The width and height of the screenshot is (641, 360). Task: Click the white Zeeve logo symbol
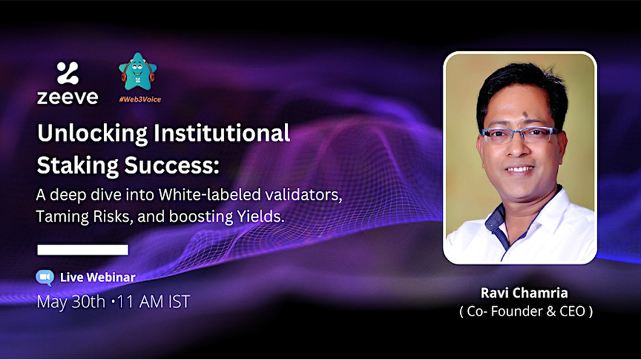pyautogui.click(x=68, y=73)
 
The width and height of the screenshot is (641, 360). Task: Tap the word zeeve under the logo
pyautogui.click(x=68, y=97)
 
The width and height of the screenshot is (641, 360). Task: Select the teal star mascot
pyautogui.click(x=138, y=71)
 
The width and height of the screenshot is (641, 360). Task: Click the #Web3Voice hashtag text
pyautogui.click(x=140, y=100)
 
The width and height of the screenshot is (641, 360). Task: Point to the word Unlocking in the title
pyautogui.click(x=93, y=133)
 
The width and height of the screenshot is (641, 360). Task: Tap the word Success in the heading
pyautogui.click(x=172, y=165)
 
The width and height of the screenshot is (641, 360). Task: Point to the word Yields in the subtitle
pyautogui.click(x=260, y=217)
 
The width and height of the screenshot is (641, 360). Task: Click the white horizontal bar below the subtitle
pyautogui.click(x=83, y=250)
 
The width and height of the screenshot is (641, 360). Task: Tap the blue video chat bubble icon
pyautogui.click(x=45, y=277)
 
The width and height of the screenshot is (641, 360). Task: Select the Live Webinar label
pyautogui.click(x=98, y=277)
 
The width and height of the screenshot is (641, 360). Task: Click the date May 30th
pyautogui.click(x=71, y=302)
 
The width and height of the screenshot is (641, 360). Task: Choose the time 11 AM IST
pyautogui.click(x=153, y=302)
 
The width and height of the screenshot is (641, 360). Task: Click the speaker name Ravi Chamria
pyautogui.click(x=524, y=293)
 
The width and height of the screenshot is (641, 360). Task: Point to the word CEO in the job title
pyautogui.click(x=572, y=311)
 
